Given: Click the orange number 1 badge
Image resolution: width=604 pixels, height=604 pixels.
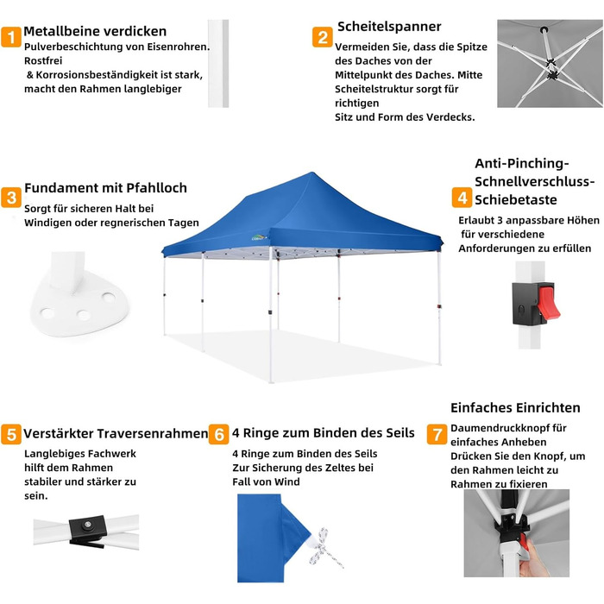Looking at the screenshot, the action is coord(11,37).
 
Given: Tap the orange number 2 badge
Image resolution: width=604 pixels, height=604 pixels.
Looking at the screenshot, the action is coord(323,37).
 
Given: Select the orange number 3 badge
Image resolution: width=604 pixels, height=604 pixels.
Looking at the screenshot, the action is coord(11,198).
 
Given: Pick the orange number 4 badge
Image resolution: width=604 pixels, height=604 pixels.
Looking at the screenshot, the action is coord(462,198).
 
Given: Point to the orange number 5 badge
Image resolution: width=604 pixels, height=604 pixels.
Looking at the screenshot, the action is coord(11,434).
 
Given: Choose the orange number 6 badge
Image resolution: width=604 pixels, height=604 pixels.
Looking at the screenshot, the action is coord(219,434).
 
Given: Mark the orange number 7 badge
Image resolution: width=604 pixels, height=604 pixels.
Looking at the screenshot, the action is coord(437,434).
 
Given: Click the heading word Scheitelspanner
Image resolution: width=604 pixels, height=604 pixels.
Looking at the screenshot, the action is coord(389,27).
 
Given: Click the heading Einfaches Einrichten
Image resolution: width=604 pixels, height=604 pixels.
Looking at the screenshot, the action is coord(515,407).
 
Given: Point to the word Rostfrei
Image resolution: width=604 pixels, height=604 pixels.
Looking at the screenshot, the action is coord(43,61).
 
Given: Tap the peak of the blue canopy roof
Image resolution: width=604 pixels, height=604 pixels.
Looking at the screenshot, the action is coord(311,173).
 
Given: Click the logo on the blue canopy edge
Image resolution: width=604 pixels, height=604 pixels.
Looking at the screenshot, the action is coord(259,237).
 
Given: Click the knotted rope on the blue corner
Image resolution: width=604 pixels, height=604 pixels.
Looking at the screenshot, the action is coord(324,547).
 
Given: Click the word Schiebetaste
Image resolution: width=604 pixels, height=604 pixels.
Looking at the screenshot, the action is coord(516,200).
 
